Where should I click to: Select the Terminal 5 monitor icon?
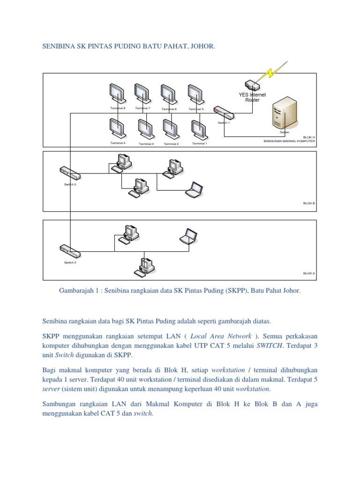(x=195, y=94)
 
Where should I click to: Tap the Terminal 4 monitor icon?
(x=116, y=127)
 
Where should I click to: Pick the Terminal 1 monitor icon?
(x=198, y=129)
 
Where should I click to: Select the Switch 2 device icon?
(x=69, y=173)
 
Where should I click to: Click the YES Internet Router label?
(x=252, y=97)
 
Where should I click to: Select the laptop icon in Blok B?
(x=194, y=189)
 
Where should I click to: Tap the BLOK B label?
(x=309, y=203)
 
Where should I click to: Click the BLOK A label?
(x=309, y=273)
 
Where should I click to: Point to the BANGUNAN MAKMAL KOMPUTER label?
(x=289, y=141)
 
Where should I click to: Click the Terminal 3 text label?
(x=146, y=144)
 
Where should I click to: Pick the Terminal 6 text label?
(x=169, y=109)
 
